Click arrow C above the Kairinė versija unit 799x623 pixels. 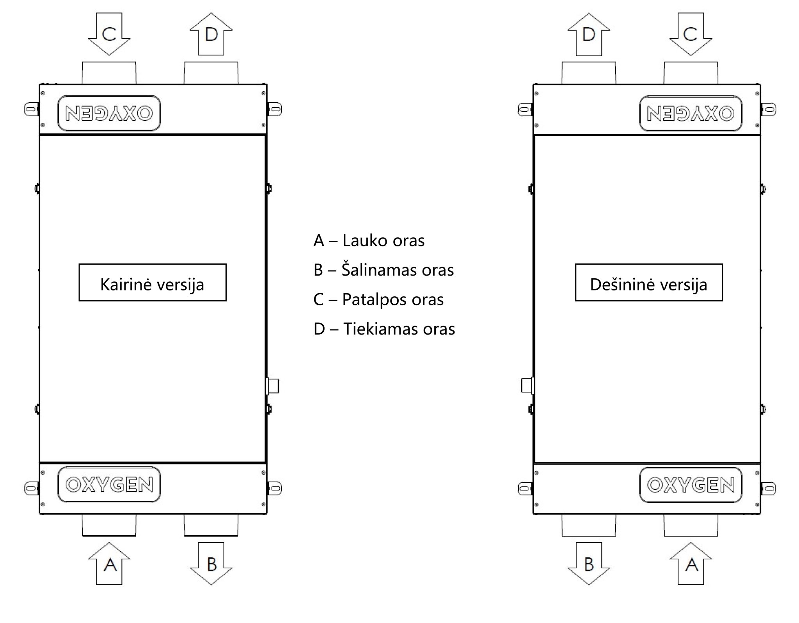pyautogui.click(x=109, y=34)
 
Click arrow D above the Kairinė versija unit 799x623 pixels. pyautogui.click(x=211, y=34)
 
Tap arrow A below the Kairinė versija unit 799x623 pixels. pyautogui.click(x=109, y=563)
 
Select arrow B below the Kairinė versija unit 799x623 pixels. pyautogui.click(x=211, y=563)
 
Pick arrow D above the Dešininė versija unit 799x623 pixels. pyautogui.click(x=589, y=34)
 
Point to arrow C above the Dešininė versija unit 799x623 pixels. pyautogui.click(x=691, y=34)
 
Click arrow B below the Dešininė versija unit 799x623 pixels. pyautogui.click(x=589, y=563)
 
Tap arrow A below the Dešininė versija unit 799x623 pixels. pyautogui.click(x=691, y=563)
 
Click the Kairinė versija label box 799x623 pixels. pyautogui.click(x=153, y=282)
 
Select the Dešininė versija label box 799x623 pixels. pyautogui.click(x=649, y=282)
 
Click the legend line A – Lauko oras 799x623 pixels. pyautogui.click(x=369, y=240)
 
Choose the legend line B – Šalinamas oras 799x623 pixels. pyautogui.click(x=384, y=270)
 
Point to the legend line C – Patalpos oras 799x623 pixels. pyautogui.click(x=378, y=299)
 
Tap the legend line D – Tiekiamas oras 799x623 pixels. pyautogui.click(x=384, y=329)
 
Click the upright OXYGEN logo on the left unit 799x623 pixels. pyautogui.click(x=109, y=484)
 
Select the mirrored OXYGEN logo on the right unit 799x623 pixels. pyautogui.click(x=691, y=113)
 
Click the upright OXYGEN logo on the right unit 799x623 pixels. pyautogui.click(x=691, y=485)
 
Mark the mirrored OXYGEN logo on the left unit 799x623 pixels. pyautogui.click(x=109, y=113)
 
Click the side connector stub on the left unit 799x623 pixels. pyautogui.click(x=272, y=386)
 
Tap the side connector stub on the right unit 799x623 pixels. pyautogui.click(x=527, y=386)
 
